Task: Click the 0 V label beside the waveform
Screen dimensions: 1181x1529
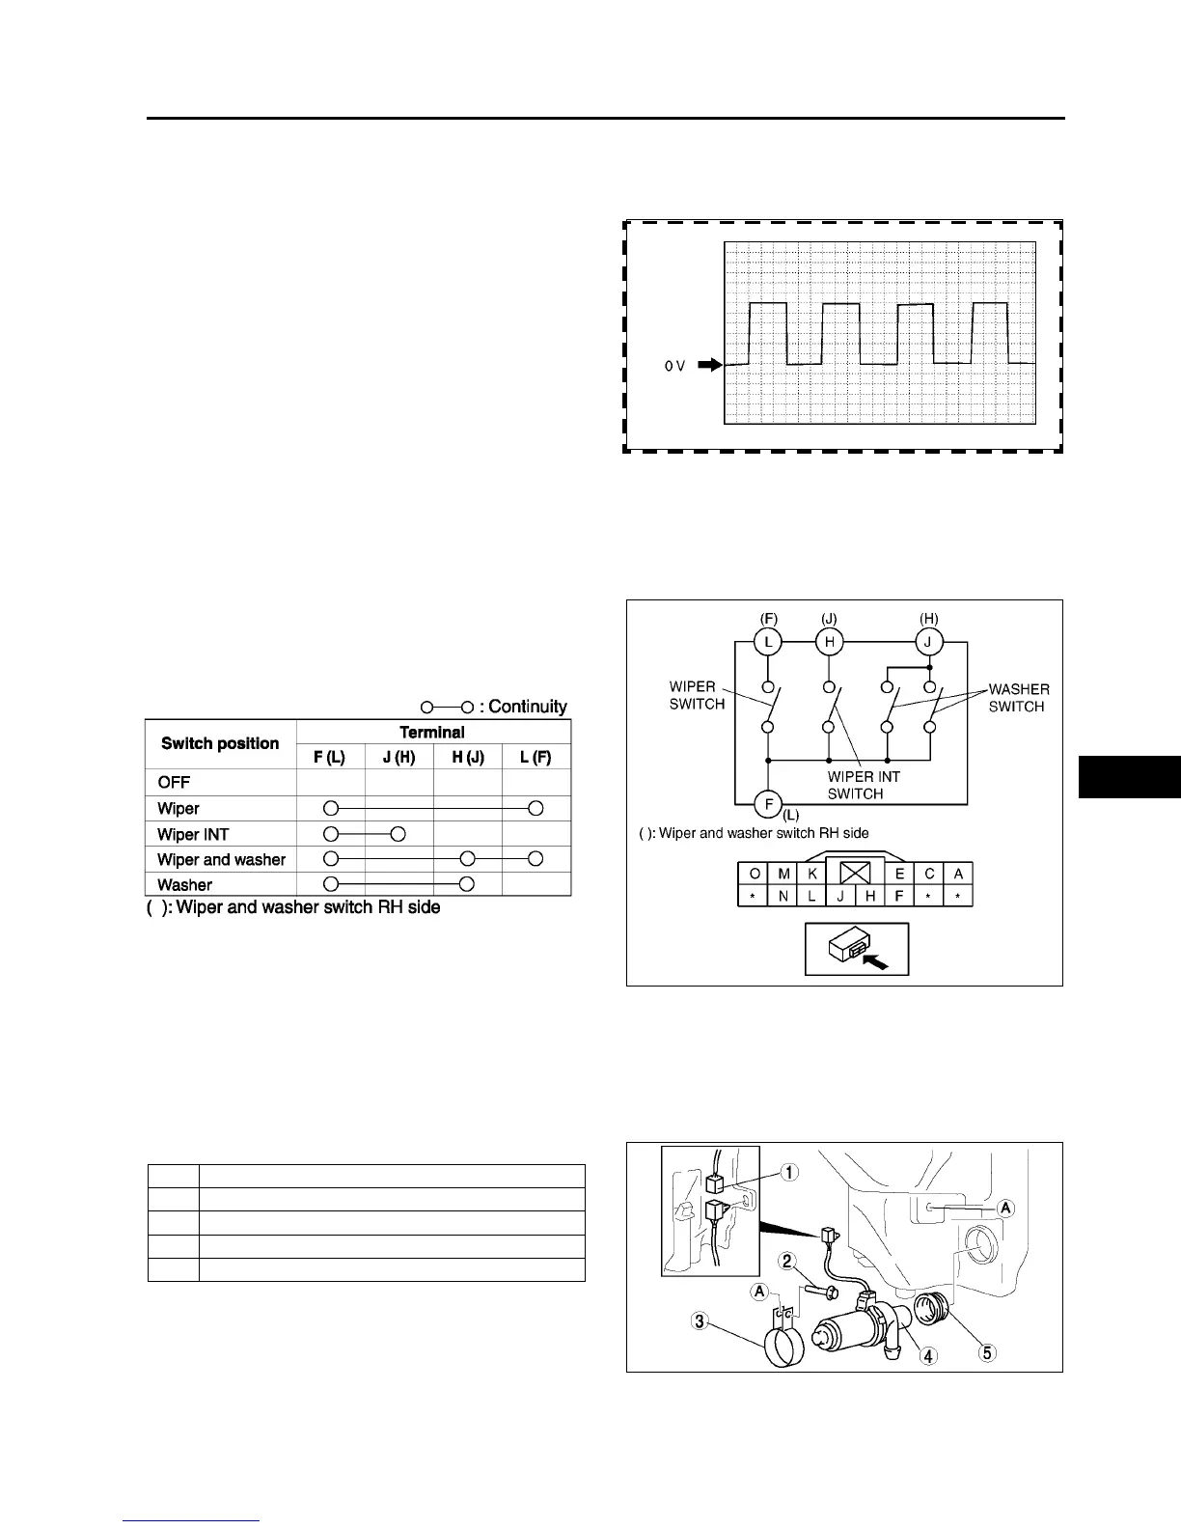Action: (674, 366)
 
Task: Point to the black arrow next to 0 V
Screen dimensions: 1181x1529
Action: (709, 366)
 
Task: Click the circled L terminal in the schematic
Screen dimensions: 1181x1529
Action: (767, 641)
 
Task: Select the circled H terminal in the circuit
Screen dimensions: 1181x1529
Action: (828, 641)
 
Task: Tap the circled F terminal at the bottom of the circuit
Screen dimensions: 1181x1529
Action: (767, 802)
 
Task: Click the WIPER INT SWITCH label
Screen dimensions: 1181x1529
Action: (864, 785)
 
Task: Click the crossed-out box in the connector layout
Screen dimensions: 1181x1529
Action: (856, 874)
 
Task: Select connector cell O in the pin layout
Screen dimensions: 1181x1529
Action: (754, 874)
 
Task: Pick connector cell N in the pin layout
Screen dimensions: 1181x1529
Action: (783, 896)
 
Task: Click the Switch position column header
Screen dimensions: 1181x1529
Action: (220, 743)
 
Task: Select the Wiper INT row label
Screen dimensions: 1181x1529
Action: (193, 834)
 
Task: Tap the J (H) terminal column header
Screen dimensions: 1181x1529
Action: (398, 758)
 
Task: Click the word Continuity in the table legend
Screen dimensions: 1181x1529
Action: (528, 707)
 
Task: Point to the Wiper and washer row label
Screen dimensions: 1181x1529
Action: (221, 859)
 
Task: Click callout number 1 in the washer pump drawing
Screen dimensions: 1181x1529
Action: (790, 1173)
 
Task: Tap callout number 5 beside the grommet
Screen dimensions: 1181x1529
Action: (986, 1352)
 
